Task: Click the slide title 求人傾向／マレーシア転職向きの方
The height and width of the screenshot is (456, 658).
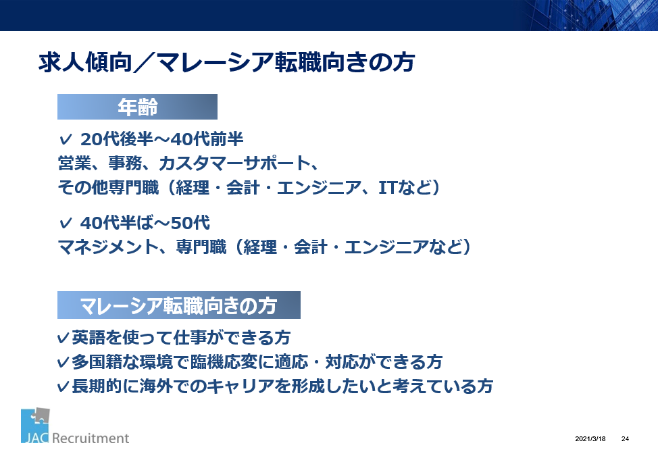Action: pos(226,63)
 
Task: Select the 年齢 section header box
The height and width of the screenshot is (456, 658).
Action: pos(137,107)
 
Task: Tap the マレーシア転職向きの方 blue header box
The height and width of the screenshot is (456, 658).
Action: pos(179,305)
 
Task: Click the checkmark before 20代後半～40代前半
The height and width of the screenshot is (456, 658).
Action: pos(66,139)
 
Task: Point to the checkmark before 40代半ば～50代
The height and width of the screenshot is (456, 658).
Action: pos(66,223)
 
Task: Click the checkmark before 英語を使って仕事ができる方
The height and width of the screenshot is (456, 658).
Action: pos(64,338)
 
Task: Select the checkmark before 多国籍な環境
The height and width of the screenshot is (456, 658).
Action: pos(64,362)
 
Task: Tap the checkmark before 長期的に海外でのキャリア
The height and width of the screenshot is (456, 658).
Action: pos(64,386)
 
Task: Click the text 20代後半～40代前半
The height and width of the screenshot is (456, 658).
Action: pos(162,139)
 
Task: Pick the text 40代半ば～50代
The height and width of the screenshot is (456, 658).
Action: pos(145,223)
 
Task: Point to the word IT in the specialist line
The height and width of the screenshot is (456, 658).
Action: pos(388,188)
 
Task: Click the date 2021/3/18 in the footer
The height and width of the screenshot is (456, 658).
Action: pos(590,439)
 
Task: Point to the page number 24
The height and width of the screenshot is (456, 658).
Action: pos(626,439)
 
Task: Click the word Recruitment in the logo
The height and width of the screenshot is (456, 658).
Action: pos(91,438)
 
